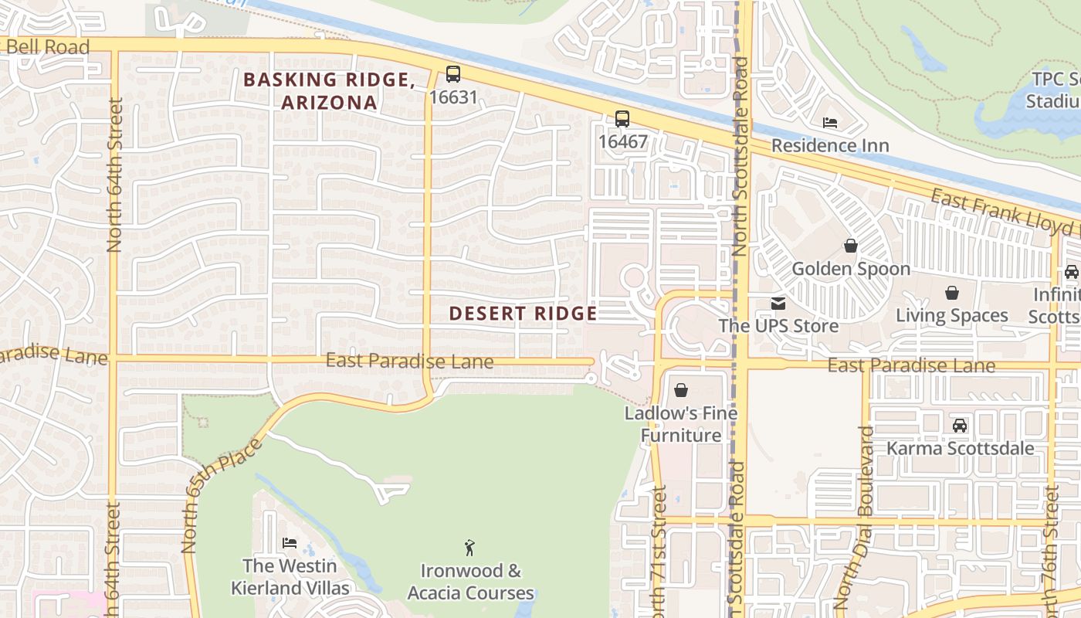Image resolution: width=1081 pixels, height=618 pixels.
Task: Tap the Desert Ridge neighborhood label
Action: [523, 313]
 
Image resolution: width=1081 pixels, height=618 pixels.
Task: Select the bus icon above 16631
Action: [453, 74]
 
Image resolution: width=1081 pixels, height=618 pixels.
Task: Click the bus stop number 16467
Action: [622, 141]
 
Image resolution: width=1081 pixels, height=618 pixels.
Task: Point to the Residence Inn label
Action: [830, 145]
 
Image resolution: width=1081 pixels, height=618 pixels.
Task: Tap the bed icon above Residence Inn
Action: [830, 123]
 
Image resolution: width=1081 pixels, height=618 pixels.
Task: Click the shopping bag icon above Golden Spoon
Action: [850, 246]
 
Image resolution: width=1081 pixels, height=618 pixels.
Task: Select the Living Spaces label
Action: [951, 315]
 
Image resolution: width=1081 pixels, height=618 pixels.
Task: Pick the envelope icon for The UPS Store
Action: [778, 304]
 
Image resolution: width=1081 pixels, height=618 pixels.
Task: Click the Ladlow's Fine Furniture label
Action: [681, 424]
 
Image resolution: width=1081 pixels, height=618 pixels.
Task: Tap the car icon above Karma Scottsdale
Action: [960, 426]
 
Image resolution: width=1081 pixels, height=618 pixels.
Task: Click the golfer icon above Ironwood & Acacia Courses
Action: [469, 548]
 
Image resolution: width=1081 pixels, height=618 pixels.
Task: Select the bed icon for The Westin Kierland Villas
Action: [290, 543]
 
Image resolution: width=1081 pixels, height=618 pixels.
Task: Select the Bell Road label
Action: [48, 47]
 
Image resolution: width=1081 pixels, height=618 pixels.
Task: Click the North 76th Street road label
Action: [1050, 548]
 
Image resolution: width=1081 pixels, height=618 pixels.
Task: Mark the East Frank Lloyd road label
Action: [1004, 212]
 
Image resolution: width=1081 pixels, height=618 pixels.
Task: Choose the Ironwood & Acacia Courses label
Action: [470, 582]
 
